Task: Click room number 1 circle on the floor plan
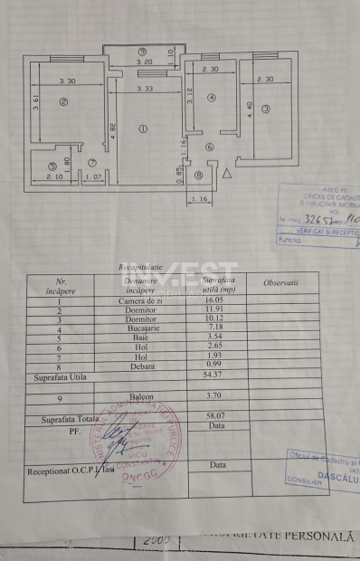[143, 128]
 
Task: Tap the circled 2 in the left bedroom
[62, 102]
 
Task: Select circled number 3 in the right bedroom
[266, 110]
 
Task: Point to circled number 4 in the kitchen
[210, 98]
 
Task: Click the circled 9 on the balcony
[143, 51]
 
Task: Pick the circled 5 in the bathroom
[53, 166]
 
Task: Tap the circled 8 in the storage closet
[199, 176]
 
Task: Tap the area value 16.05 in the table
[212, 300]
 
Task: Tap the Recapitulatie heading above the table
[141, 268]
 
